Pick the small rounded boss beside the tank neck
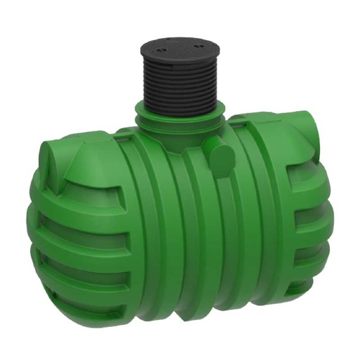220,151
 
